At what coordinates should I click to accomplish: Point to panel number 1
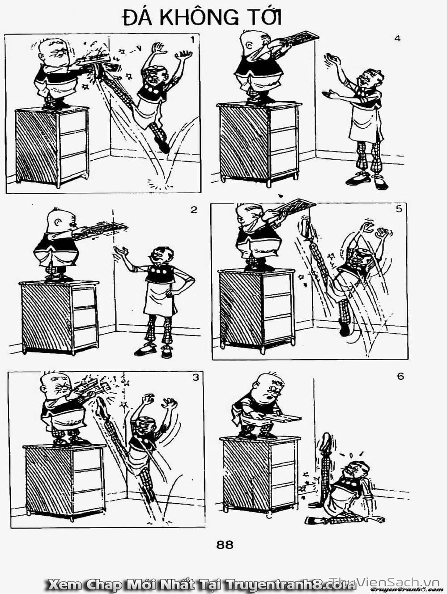pyautogui.click(x=192, y=40)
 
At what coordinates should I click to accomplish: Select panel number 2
pyautogui.click(x=194, y=210)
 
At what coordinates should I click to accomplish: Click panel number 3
pyautogui.click(x=196, y=377)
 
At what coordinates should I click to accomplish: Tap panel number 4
pyautogui.click(x=397, y=38)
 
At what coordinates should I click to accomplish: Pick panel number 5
pyautogui.click(x=399, y=209)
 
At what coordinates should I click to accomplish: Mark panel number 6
pyautogui.click(x=400, y=376)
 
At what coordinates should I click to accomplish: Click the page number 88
pyautogui.click(x=225, y=545)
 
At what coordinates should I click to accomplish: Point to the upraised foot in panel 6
pyautogui.click(x=326, y=441)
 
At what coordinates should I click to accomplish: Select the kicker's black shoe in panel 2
pyautogui.click(x=145, y=350)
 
